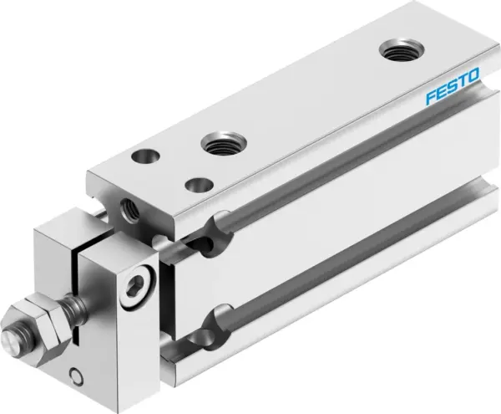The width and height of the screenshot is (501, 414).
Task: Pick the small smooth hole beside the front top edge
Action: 198,183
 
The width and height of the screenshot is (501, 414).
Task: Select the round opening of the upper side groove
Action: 220,227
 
